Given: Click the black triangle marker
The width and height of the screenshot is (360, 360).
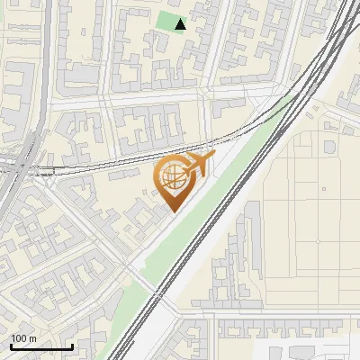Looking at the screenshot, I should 181,24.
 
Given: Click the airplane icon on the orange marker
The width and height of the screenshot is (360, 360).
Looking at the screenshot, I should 199,165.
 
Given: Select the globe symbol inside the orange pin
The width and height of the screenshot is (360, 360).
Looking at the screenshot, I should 172,176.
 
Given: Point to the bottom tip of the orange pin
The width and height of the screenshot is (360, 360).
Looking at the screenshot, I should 172,211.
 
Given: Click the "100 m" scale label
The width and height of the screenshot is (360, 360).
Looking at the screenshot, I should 24,338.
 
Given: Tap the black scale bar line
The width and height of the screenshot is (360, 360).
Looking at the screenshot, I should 41,346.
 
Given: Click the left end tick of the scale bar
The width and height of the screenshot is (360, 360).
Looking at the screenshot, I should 11,345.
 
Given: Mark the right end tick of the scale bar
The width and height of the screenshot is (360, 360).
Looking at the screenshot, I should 72,345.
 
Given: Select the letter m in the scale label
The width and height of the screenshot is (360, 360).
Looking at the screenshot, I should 32,338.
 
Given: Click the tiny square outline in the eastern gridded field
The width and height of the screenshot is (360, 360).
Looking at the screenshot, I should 323,190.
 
